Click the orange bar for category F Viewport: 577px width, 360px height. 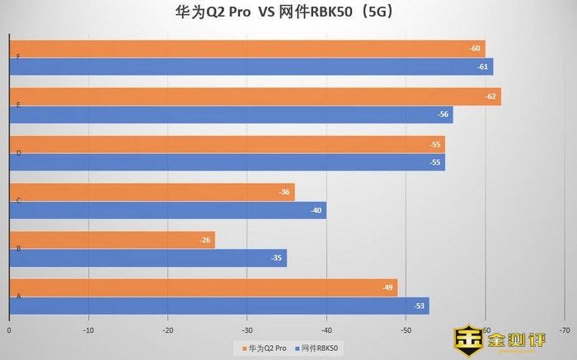(x=247, y=49)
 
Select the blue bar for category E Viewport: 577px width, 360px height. (x=231, y=115)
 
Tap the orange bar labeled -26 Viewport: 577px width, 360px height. (x=112, y=240)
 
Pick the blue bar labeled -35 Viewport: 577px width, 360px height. (x=148, y=258)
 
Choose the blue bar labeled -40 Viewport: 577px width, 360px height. (x=168, y=210)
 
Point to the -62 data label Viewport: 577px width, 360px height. (x=491, y=96)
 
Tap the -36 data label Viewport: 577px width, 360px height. (x=285, y=192)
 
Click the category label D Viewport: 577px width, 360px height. (x=18, y=152)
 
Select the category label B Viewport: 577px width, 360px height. (x=18, y=248)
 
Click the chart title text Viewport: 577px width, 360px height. (x=288, y=12)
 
